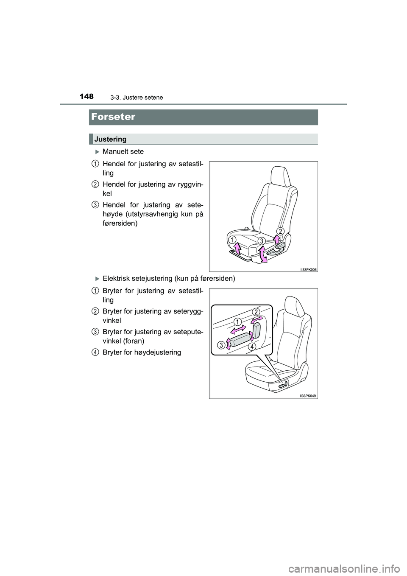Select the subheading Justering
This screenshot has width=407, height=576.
[110, 139]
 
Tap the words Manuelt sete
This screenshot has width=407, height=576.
[123, 151]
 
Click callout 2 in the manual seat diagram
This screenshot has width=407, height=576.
[280, 230]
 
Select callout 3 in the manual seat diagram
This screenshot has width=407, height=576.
[262, 240]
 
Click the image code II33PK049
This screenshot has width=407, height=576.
[308, 395]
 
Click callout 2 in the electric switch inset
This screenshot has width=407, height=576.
[257, 312]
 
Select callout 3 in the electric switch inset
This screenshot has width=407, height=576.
[221, 345]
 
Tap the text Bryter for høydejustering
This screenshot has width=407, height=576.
[142, 352]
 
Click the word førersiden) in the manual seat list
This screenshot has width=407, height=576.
[120, 223]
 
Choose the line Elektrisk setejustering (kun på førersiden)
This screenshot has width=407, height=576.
[168, 279]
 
